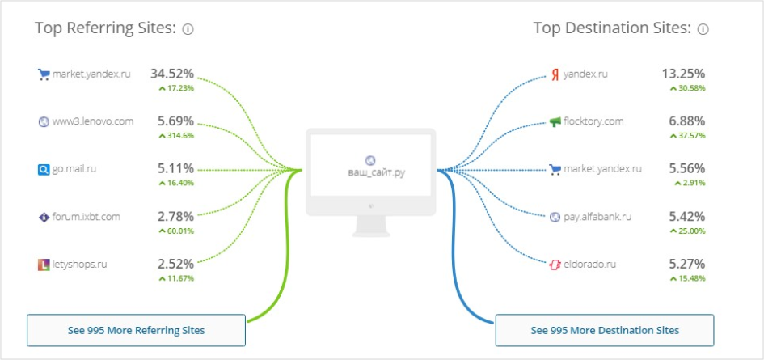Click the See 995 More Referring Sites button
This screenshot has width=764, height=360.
pyautogui.click(x=136, y=330)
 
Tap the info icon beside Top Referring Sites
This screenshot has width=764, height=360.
pyautogui.click(x=188, y=29)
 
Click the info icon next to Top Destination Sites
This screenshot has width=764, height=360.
pyautogui.click(x=703, y=29)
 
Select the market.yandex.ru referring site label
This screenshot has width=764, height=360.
pyautogui.click(x=91, y=74)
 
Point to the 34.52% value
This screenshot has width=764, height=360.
pyautogui.click(x=172, y=74)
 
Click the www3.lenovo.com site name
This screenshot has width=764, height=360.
pyautogui.click(x=93, y=121)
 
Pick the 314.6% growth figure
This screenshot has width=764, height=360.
pyautogui.click(x=176, y=136)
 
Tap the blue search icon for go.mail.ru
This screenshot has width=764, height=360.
pyautogui.click(x=44, y=170)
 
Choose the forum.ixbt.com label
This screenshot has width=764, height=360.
pyautogui.click(x=86, y=217)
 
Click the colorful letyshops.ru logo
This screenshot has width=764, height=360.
pyautogui.click(x=44, y=265)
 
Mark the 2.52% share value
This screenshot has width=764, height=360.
pyautogui.click(x=175, y=264)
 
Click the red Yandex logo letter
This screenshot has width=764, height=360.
pyautogui.click(x=555, y=75)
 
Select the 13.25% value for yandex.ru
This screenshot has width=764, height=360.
pyautogui.click(x=683, y=74)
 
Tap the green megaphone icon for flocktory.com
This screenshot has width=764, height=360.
pyautogui.click(x=555, y=122)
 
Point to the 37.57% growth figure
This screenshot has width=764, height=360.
pyautogui.click(x=687, y=136)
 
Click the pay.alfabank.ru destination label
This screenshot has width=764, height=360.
pyautogui.click(x=597, y=217)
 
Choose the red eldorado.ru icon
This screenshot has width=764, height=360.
pyautogui.click(x=555, y=265)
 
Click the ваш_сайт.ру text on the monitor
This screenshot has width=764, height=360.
pyautogui.click(x=376, y=172)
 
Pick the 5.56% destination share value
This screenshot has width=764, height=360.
pyautogui.click(x=687, y=169)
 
